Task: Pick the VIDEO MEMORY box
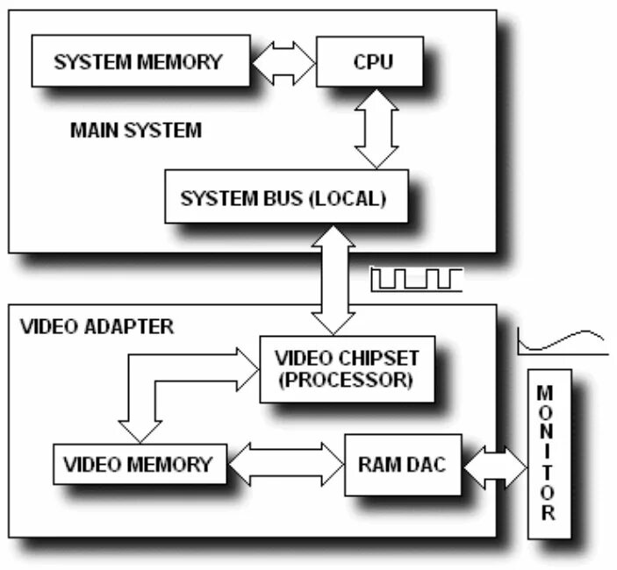tap(140, 463)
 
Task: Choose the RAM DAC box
tap(401, 464)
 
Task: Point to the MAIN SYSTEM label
tap(134, 132)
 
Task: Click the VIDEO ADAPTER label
tap(97, 327)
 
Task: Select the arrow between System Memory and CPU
tap(282, 63)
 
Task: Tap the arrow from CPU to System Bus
tap(377, 127)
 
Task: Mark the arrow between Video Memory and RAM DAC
tap(285, 464)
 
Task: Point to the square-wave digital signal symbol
tap(416, 279)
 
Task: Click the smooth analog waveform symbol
tap(563, 342)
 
